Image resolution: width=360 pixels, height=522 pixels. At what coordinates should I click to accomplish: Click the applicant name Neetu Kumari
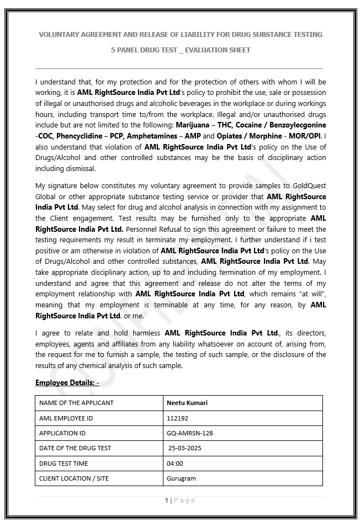click(187, 403)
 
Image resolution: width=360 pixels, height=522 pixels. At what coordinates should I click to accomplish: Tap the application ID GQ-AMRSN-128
click(189, 433)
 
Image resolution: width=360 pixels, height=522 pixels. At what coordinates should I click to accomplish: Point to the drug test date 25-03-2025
click(185, 448)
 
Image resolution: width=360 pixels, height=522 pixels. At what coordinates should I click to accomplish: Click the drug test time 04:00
click(174, 464)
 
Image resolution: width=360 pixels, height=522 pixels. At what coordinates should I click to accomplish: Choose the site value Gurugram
click(181, 478)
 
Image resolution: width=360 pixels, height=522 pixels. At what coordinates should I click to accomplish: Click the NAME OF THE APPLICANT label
click(76, 403)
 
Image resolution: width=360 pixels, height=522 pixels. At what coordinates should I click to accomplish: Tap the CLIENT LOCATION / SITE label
click(74, 478)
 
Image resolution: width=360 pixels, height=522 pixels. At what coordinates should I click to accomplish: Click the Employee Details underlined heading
click(67, 382)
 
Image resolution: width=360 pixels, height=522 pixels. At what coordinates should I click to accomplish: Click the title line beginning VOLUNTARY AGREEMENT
click(181, 34)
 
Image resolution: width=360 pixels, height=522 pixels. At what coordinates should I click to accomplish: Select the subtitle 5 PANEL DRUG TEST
click(181, 50)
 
